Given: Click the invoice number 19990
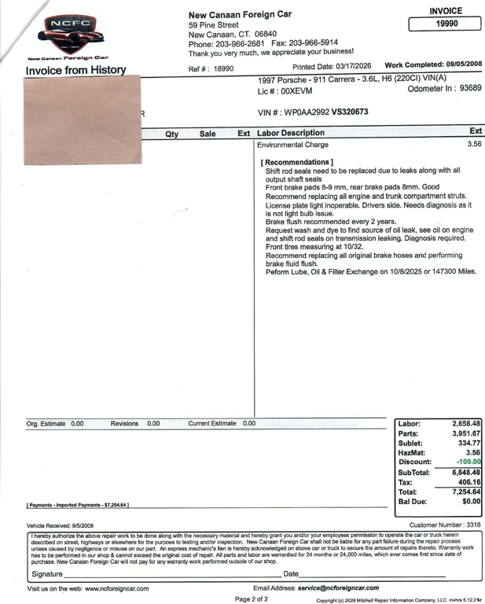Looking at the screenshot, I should click(x=446, y=24).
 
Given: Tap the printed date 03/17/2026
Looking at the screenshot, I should click(x=351, y=66).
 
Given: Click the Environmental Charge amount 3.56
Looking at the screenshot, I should click(x=473, y=145).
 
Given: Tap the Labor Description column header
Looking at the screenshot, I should click(x=290, y=133).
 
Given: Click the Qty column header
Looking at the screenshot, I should click(x=171, y=134).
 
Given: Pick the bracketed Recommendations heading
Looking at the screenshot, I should click(x=297, y=163).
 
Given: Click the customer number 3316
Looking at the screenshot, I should click(x=470, y=525).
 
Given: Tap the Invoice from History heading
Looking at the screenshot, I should click(x=75, y=70).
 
